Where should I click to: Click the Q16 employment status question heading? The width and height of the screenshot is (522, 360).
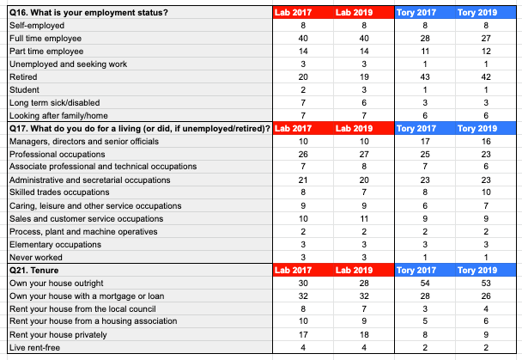click(x=88, y=13)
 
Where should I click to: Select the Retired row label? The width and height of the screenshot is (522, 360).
click(x=23, y=77)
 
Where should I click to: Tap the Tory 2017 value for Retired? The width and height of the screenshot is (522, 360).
click(x=425, y=77)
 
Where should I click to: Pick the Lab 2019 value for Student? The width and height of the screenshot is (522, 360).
click(x=364, y=90)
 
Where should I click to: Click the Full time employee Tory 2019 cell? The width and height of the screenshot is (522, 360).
click(x=486, y=39)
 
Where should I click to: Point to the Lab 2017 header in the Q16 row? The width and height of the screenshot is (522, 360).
click(x=293, y=13)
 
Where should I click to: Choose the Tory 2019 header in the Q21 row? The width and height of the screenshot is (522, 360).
click(x=477, y=270)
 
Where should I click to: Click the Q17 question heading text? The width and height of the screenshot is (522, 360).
click(x=140, y=129)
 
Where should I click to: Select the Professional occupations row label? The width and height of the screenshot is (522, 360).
click(x=58, y=154)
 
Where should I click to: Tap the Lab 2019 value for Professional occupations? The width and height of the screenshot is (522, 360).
click(x=364, y=154)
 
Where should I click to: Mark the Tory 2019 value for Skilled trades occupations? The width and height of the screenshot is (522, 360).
click(x=486, y=192)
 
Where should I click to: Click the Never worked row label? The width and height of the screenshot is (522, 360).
click(x=36, y=258)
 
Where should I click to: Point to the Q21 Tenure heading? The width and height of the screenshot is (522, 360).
click(x=34, y=271)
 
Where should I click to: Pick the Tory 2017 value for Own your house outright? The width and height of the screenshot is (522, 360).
click(x=425, y=283)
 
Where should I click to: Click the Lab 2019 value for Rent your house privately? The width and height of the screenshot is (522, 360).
click(x=364, y=335)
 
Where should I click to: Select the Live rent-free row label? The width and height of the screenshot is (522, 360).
click(x=34, y=348)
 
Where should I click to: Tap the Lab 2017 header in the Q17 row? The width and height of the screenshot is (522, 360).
click(x=293, y=129)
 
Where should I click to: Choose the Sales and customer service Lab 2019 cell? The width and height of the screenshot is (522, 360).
click(x=364, y=219)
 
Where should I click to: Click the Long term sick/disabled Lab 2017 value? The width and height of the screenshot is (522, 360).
click(x=303, y=103)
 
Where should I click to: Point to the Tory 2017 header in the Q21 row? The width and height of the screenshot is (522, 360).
click(x=416, y=270)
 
